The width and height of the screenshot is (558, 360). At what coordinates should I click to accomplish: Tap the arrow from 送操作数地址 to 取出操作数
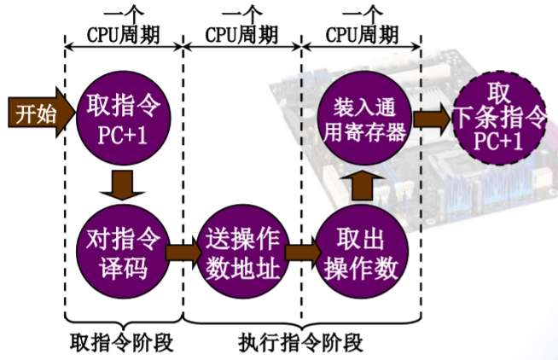tap(301, 253)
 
